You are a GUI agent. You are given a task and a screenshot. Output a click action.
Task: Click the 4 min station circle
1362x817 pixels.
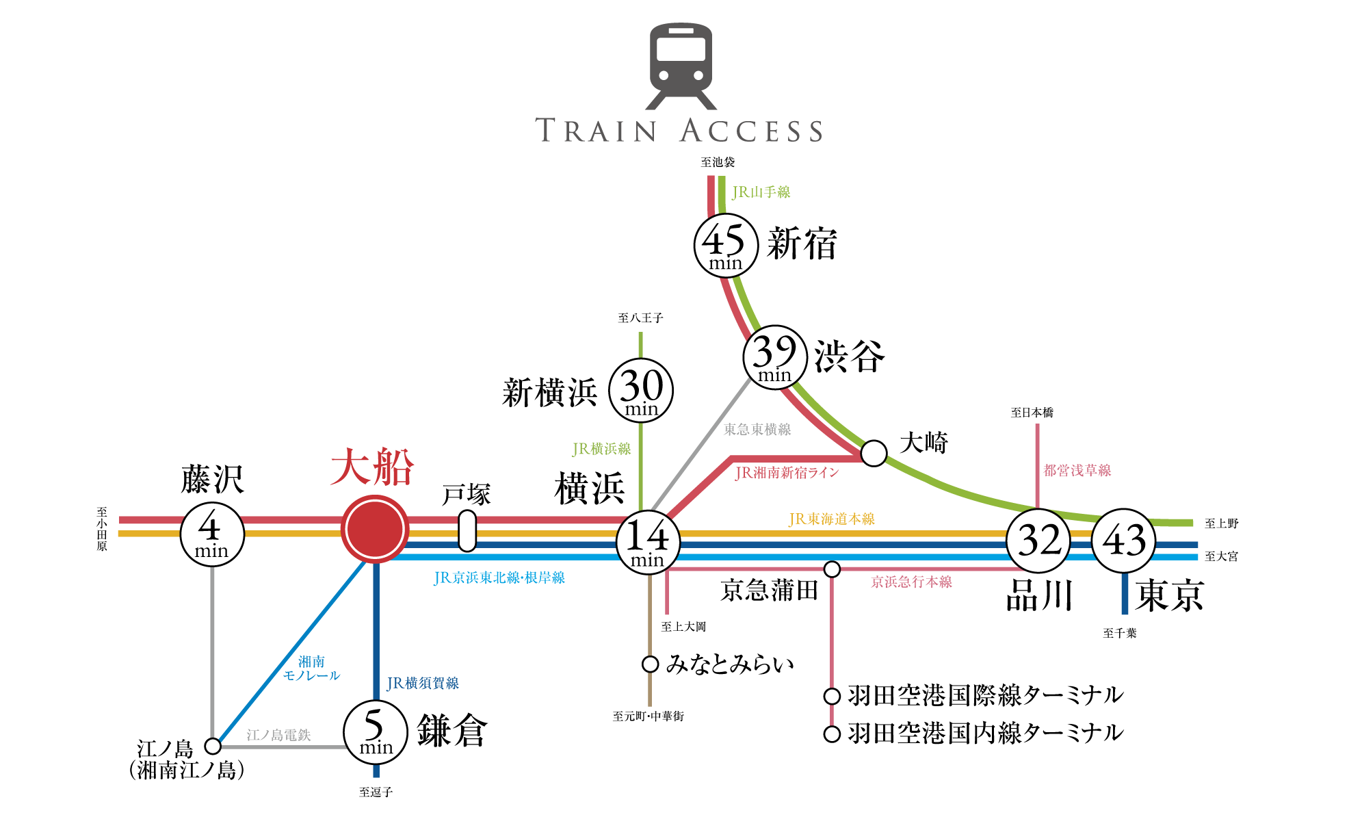[212, 534]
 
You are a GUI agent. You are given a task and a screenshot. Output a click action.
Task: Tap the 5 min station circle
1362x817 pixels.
[375, 732]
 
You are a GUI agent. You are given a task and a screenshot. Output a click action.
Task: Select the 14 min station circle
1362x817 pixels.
[647, 542]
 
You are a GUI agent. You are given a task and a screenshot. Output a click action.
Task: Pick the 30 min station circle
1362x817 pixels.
[641, 391]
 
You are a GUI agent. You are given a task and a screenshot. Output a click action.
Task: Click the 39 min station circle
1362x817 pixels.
[774, 358]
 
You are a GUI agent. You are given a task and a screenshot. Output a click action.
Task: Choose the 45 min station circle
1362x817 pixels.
[726, 246]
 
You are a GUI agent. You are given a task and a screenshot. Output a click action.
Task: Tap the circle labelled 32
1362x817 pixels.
[1038, 541]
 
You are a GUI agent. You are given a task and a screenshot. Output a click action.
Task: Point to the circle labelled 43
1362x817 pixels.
[1123, 541]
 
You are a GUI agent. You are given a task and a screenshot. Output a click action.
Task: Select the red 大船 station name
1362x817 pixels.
[372, 467]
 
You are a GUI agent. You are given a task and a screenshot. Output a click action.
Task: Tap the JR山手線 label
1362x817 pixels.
[761, 192]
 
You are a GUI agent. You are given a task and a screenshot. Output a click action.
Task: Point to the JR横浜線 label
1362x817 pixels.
[601, 449]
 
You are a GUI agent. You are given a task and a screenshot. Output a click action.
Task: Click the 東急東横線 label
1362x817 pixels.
[757, 430]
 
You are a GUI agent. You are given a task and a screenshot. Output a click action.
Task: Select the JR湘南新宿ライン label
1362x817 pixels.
[787, 473]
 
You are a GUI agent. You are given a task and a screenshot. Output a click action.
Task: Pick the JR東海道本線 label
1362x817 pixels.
[831, 519]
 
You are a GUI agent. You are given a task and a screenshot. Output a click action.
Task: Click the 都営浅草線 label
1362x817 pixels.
[1077, 471]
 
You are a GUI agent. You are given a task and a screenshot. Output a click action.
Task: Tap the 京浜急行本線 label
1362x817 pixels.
[911, 582]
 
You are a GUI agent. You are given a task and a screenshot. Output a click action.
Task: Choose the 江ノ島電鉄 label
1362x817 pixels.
[278, 735]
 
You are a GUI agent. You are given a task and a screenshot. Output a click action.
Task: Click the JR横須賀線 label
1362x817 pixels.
[423, 684]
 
